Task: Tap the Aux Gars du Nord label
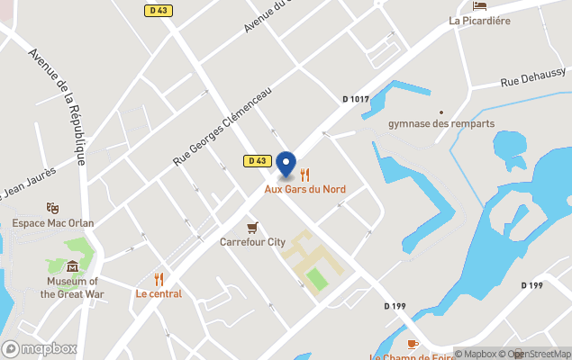[x=304, y=189]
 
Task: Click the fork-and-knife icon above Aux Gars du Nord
[x=304, y=175]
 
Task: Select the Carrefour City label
[x=252, y=241]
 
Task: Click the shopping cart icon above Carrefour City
[x=252, y=227]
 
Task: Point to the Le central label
[x=159, y=293]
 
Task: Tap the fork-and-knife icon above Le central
[x=159, y=279]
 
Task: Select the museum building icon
[x=72, y=265]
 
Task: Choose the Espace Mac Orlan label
[x=52, y=222]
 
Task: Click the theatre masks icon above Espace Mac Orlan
[x=52, y=208]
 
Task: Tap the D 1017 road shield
[x=357, y=99]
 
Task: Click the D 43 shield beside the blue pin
[x=257, y=160]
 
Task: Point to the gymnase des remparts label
[x=440, y=123]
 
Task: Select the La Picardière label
[x=480, y=20]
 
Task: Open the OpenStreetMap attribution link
[x=538, y=354]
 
